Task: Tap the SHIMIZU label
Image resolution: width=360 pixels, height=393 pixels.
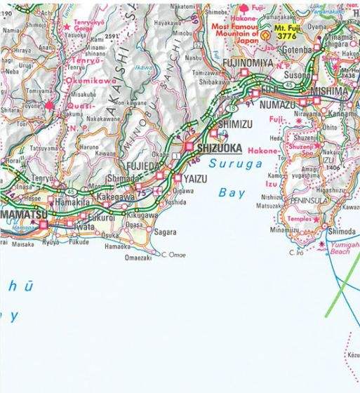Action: click(234, 124)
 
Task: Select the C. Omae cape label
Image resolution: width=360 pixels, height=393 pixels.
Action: click(175, 255)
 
